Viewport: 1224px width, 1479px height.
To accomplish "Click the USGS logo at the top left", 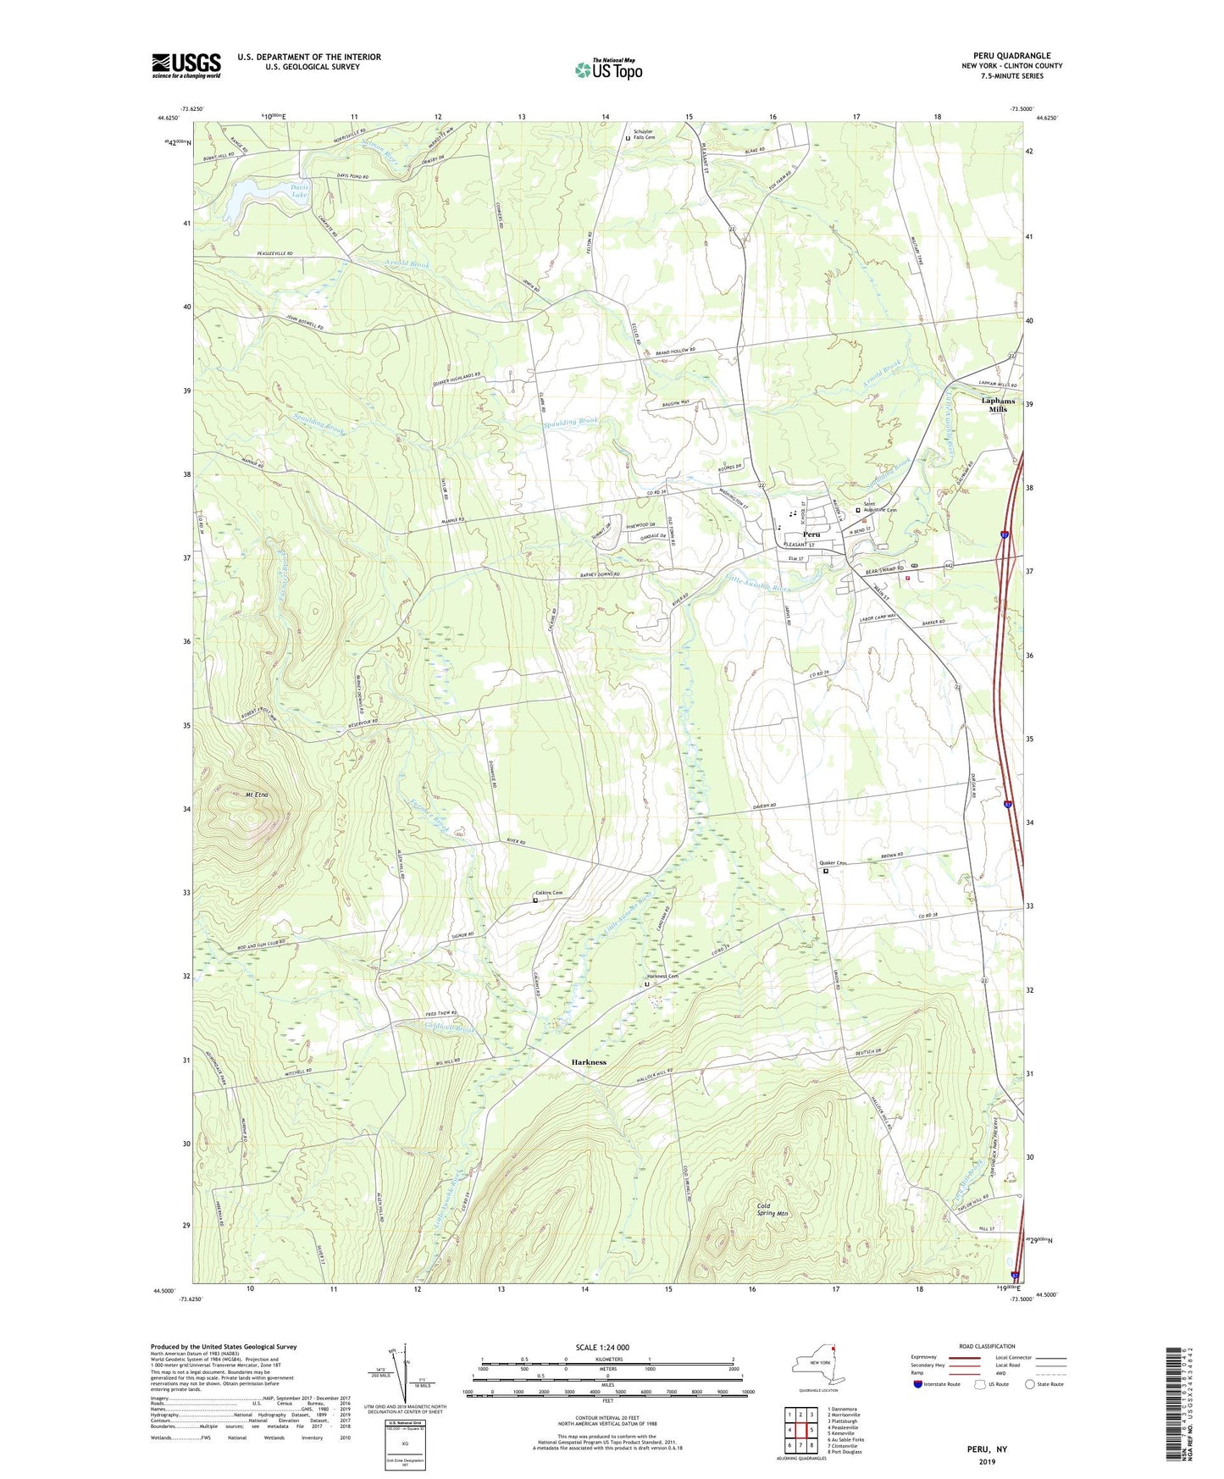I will click(186, 65).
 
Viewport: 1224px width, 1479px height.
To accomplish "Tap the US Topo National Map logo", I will click(607, 69).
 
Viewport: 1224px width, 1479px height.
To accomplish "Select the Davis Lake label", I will click(300, 191).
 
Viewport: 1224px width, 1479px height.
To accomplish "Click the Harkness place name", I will click(588, 1062).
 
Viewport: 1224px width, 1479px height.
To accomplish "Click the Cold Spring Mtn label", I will click(772, 1210).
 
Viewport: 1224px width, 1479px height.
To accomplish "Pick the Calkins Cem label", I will click(549, 893).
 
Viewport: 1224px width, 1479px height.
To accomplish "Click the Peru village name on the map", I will click(811, 535).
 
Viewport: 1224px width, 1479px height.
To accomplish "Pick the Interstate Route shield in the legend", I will click(917, 1384).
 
